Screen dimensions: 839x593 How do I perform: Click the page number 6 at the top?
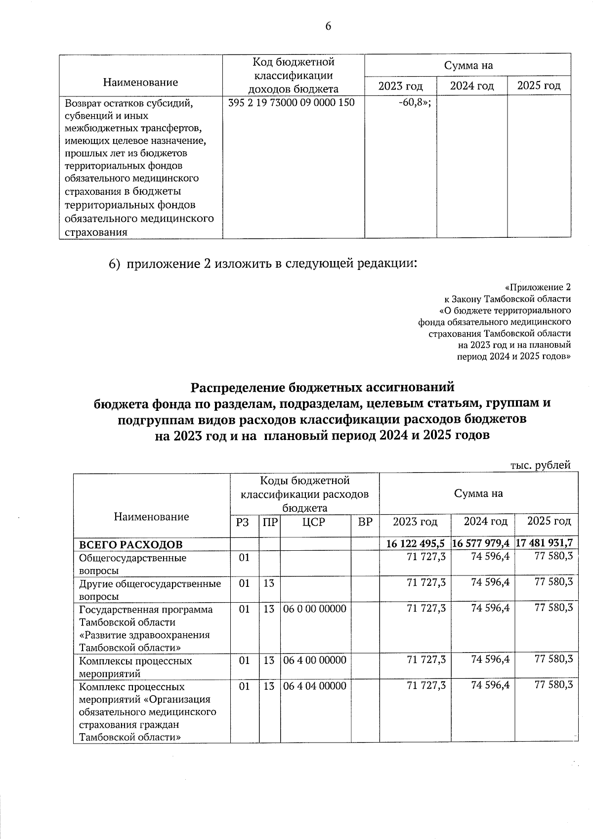coord(328,26)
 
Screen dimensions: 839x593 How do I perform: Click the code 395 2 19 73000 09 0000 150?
coord(292,103)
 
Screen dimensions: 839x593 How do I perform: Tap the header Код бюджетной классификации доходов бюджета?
coord(294,75)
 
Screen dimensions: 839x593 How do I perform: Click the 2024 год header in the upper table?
coord(472,87)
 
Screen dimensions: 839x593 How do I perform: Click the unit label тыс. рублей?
coord(540,465)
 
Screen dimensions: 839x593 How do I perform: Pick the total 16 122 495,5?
coord(416,543)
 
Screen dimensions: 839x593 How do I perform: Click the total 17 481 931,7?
coord(544,543)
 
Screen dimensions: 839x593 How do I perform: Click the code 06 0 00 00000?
coord(315,609)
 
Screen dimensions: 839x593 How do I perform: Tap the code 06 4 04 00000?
coord(315,686)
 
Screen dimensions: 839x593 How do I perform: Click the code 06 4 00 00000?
coord(315,660)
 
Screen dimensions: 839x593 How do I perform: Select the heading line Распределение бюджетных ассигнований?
coord(322,387)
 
